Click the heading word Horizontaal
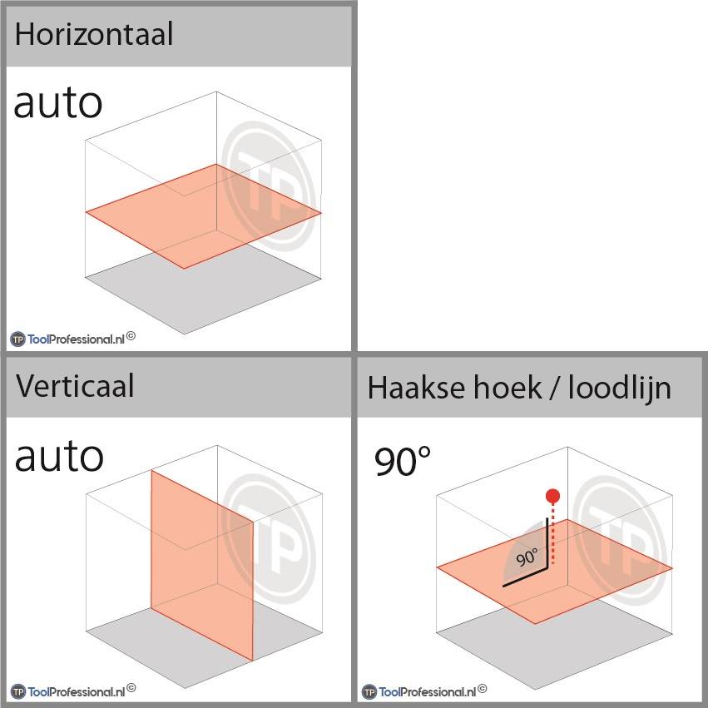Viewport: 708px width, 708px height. pos(94,34)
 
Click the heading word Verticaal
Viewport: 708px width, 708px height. pos(75,386)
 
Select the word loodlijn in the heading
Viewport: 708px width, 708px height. pos(620,389)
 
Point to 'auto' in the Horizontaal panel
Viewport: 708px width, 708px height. pos(58,103)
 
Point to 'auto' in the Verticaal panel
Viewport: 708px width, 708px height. pos(59,457)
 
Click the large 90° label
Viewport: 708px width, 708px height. pos(403,461)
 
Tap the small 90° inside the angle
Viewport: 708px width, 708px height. pos(527,557)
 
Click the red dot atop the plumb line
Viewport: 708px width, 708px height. pos(552,496)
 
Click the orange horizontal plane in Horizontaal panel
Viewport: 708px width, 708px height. pos(203,216)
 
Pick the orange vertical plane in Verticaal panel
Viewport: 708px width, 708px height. pos(202,565)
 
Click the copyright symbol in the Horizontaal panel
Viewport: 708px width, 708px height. pos(131,336)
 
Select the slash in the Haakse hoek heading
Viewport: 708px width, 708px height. pos(554,389)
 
